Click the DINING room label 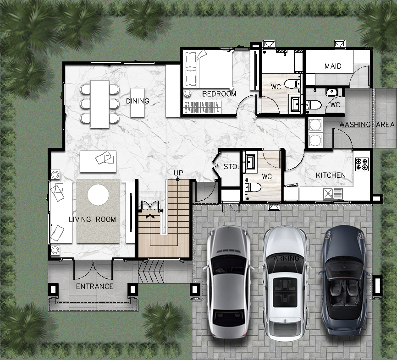tap(138, 101)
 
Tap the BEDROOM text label tap(219, 94)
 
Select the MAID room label tap(333, 66)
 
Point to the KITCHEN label tap(331, 175)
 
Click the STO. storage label tap(231, 166)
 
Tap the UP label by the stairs tap(178, 173)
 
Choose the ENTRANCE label tap(95, 286)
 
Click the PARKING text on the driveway tap(284, 258)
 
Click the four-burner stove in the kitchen tap(362, 164)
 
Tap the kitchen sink tap(333, 194)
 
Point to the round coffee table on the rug tap(98, 195)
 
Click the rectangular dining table tap(100, 104)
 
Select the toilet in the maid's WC tap(314, 105)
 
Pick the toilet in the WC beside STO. tap(253, 187)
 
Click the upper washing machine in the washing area tap(315, 125)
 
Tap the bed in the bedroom tap(209, 69)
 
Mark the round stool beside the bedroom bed tap(187, 93)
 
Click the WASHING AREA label tap(367, 125)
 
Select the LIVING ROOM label tap(93, 219)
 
